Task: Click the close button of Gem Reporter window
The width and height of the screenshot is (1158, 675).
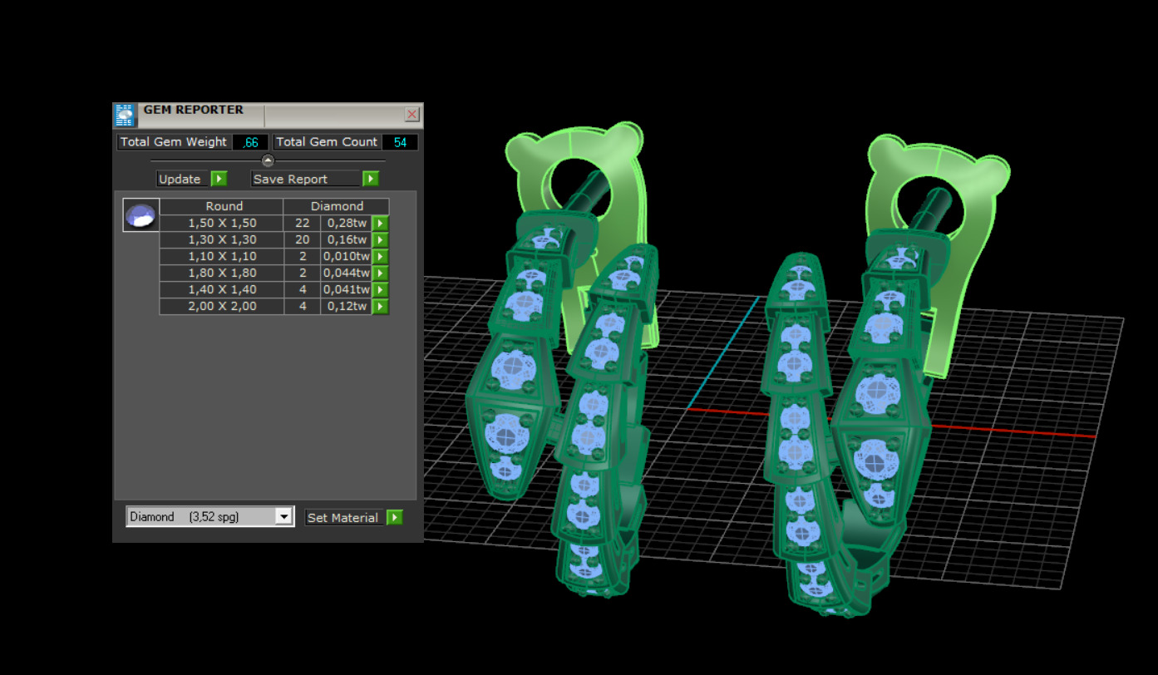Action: tap(411, 115)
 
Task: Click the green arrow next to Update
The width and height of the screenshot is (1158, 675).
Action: tap(219, 179)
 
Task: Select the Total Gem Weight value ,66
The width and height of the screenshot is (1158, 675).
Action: tap(250, 142)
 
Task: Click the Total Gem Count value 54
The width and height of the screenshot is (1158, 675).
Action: tap(401, 142)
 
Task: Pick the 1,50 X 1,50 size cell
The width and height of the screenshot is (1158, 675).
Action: tap(222, 223)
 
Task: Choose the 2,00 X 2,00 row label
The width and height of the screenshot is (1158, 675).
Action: tap(222, 306)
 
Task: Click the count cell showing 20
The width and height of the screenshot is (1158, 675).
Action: tap(302, 239)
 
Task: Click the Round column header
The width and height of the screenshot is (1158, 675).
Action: tap(224, 206)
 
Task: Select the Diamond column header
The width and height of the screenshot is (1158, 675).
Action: tap(337, 206)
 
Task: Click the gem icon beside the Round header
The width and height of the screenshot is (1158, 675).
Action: tap(140, 215)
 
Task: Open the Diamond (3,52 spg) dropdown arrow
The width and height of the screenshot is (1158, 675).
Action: tap(283, 517)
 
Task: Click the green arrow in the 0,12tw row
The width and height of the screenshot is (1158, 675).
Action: tap(380, 306)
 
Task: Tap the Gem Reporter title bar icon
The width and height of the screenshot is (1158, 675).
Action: tap(125, 115)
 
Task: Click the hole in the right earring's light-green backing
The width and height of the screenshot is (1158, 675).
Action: tap(930, 186)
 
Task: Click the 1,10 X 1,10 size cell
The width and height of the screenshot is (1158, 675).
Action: tap(222, 256)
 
